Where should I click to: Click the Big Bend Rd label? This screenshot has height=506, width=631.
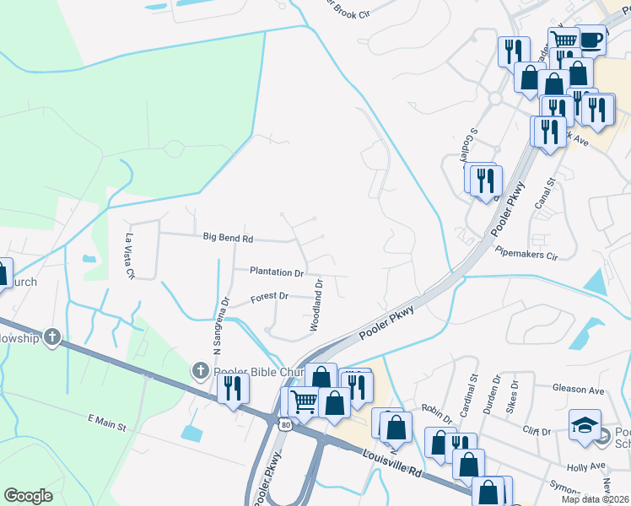(228, 238)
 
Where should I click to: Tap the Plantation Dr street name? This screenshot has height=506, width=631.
(276, 272)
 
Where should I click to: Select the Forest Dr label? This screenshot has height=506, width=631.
(269, 297)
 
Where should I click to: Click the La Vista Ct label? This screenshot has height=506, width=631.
(130, 256)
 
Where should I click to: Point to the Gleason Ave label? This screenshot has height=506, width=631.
(579, 390)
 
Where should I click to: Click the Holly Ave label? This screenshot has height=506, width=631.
(587, 466)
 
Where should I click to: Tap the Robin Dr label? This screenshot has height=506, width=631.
(437, 410)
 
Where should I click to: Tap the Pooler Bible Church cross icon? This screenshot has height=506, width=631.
(200, 369)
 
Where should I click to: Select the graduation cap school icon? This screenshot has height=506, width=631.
(585, 425)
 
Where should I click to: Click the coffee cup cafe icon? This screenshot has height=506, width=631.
(591, 40)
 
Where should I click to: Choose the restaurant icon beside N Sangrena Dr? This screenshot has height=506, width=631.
(234, 388)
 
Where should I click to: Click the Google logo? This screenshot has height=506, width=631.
(28, 496)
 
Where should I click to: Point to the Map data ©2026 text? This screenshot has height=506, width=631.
(593, 499)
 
